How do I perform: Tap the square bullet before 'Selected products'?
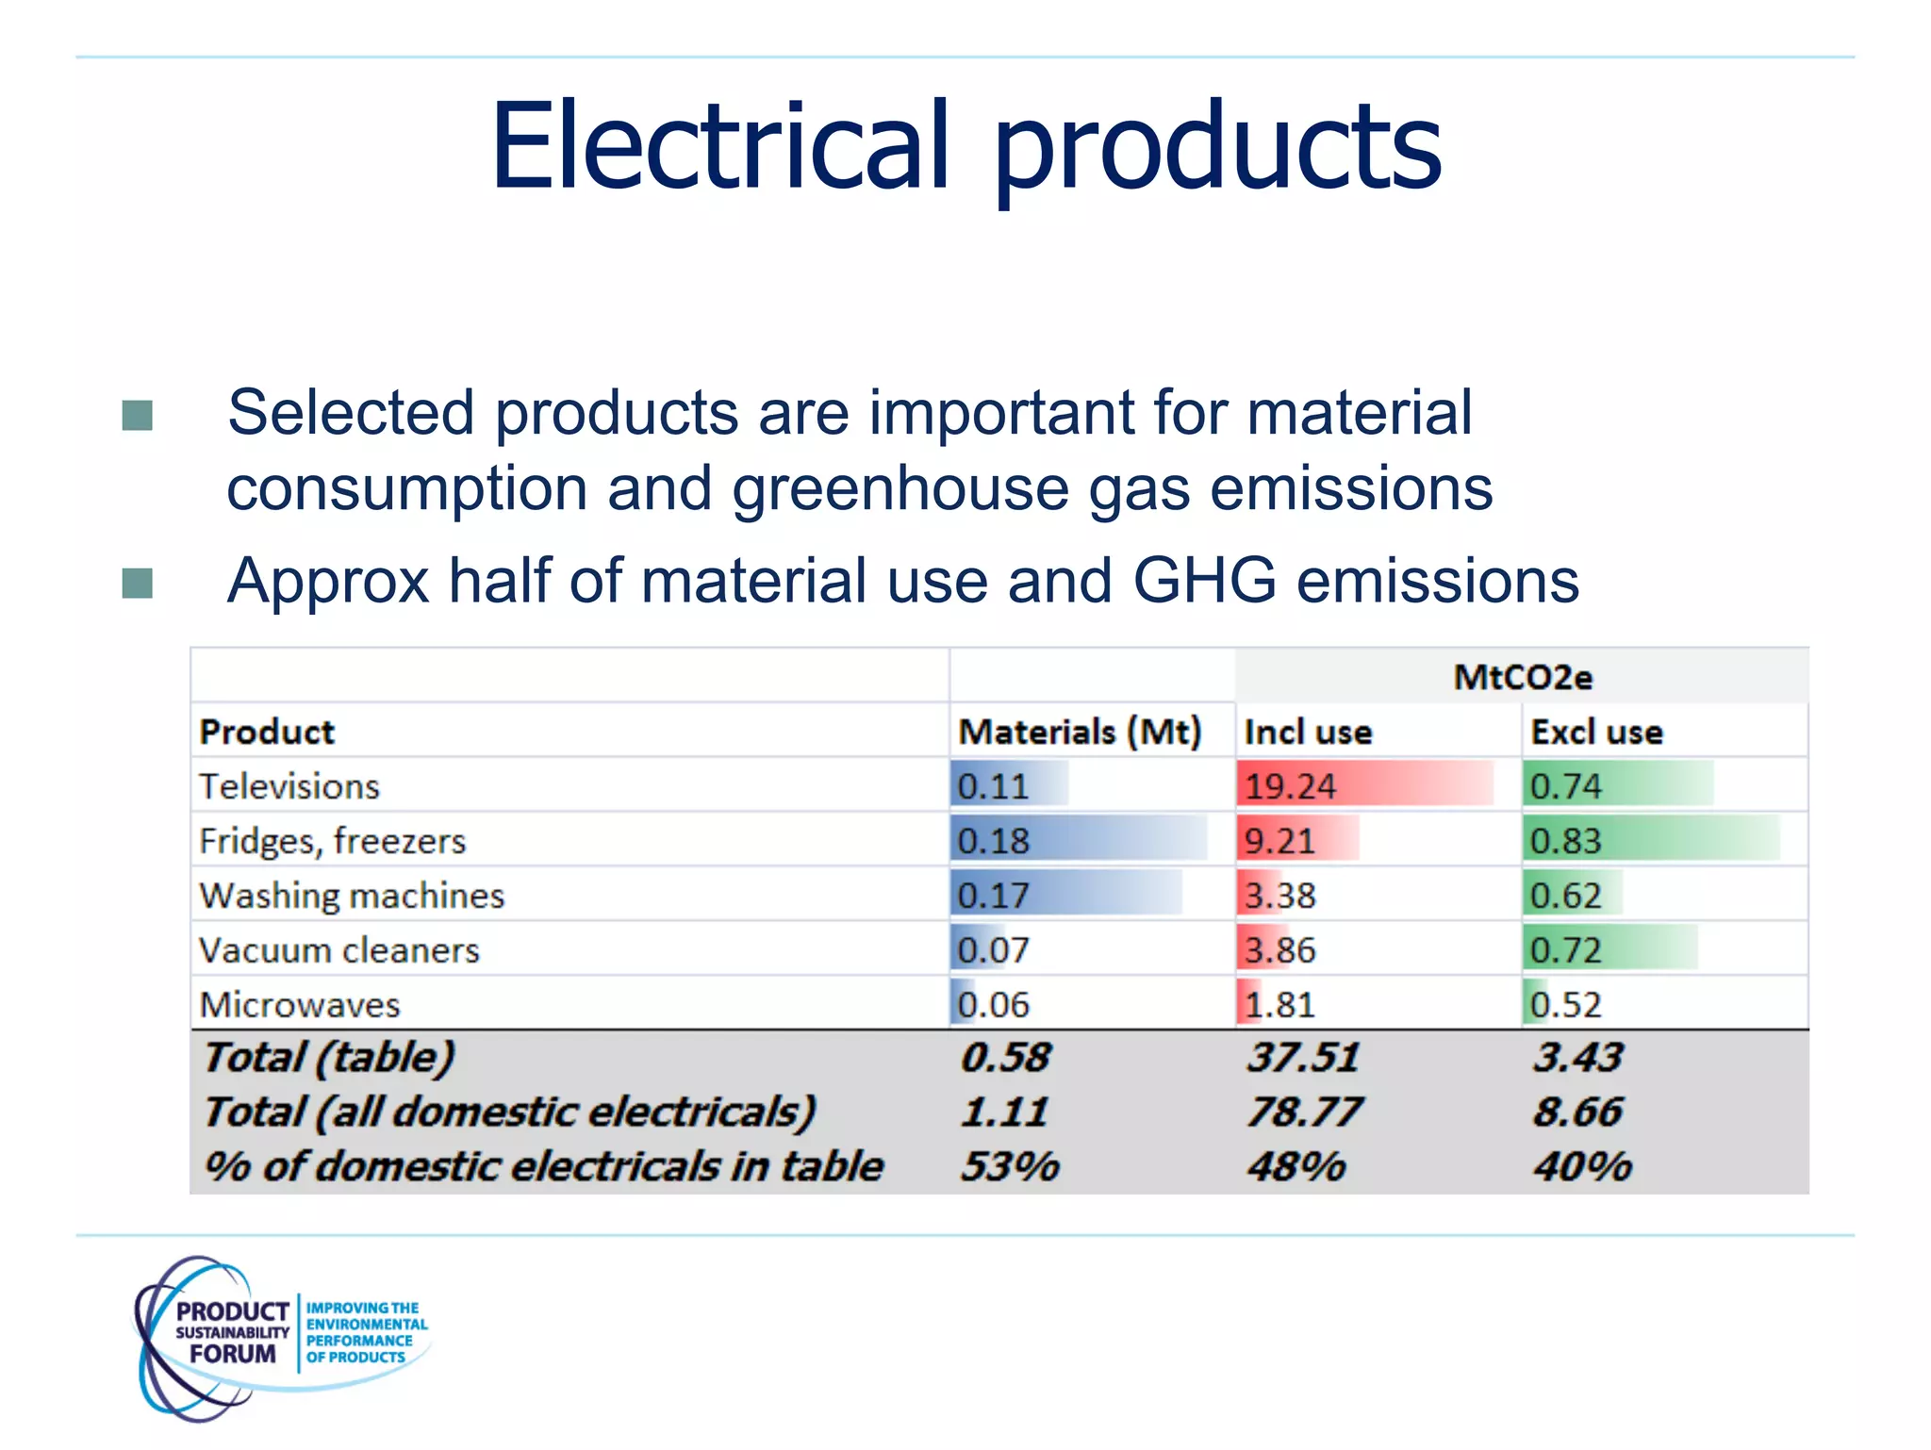point(138,415)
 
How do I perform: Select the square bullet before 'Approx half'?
point(138,583)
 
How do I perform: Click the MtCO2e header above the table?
point(1522,677)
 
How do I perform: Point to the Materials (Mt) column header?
point(1080,732)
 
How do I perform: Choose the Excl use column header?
point(1595,732)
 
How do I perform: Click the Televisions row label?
point(289,786)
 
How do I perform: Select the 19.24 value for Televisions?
point(1290,786)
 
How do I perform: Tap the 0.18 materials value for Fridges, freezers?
point(993,841)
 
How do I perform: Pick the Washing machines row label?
point(352,896)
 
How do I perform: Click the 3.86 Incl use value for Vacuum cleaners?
point(1279,950)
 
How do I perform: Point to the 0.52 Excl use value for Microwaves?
point(1565,1005)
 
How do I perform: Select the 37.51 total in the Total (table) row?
point(1303,1058)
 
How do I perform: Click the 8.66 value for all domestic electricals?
point(1577,1112)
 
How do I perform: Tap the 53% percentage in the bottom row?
point(1010,1167)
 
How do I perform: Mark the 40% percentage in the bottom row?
point(1582,1167)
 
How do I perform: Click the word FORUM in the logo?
point(232,1354)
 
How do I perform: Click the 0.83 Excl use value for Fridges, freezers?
point(1565,841)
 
